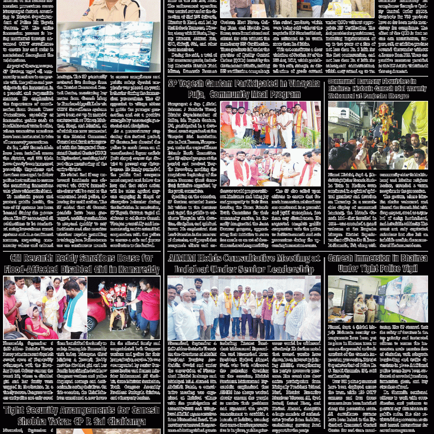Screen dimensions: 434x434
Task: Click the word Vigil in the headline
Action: pos(410,268)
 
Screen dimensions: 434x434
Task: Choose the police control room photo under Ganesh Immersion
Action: pos(378,299)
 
